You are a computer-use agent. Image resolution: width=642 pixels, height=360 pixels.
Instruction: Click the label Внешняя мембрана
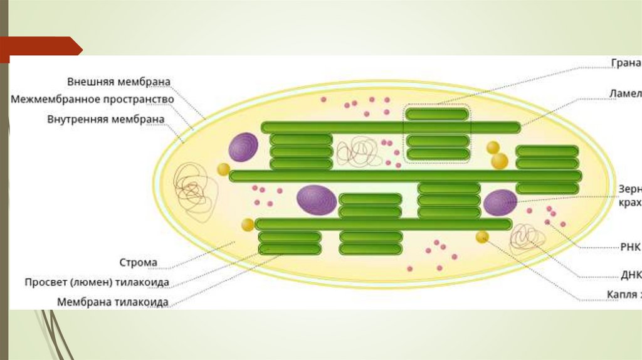click(x=118, y=82)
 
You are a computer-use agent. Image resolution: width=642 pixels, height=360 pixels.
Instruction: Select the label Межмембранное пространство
click(x=92, y=99)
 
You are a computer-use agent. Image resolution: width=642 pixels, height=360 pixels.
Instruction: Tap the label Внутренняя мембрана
click(x=105, y=119)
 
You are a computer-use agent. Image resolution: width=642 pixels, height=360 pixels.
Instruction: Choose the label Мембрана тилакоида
click(x=112, y=302)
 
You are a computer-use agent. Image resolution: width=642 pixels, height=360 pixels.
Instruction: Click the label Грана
click(x=626, y=63)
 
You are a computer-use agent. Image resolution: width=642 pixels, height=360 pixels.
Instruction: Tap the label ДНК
click(x=630, y=275)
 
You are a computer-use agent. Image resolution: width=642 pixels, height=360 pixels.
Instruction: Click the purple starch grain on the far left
click(x=243, y=147)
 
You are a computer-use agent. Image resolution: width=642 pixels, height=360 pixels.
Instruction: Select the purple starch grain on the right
click(x=500, y=203)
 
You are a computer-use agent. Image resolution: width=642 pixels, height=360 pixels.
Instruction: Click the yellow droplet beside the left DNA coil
click(x=223, y=169)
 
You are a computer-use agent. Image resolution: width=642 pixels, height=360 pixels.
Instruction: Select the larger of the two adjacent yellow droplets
click(x=500, y=161)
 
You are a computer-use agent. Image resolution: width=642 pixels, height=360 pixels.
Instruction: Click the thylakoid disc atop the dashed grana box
click(x=437, y=114)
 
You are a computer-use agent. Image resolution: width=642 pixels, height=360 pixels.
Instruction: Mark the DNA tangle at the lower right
click(x=525, y=238)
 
